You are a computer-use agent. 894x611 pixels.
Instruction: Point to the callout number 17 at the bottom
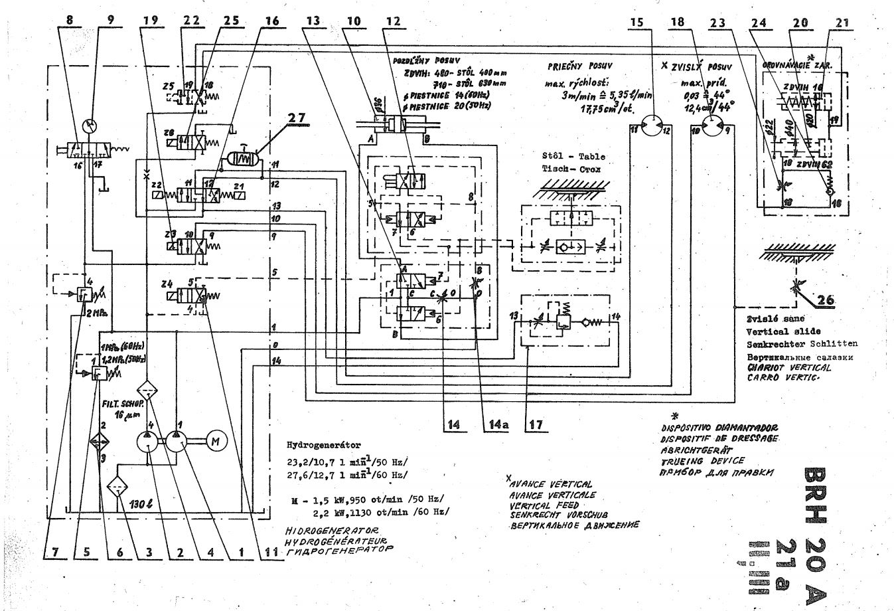pyautogui.click(x=533, y=424)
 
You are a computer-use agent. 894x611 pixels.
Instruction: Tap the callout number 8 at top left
pyautogui.click(x=70, y=21)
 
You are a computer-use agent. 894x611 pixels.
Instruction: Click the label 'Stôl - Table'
pyautogui.click(x=573, y=157)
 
